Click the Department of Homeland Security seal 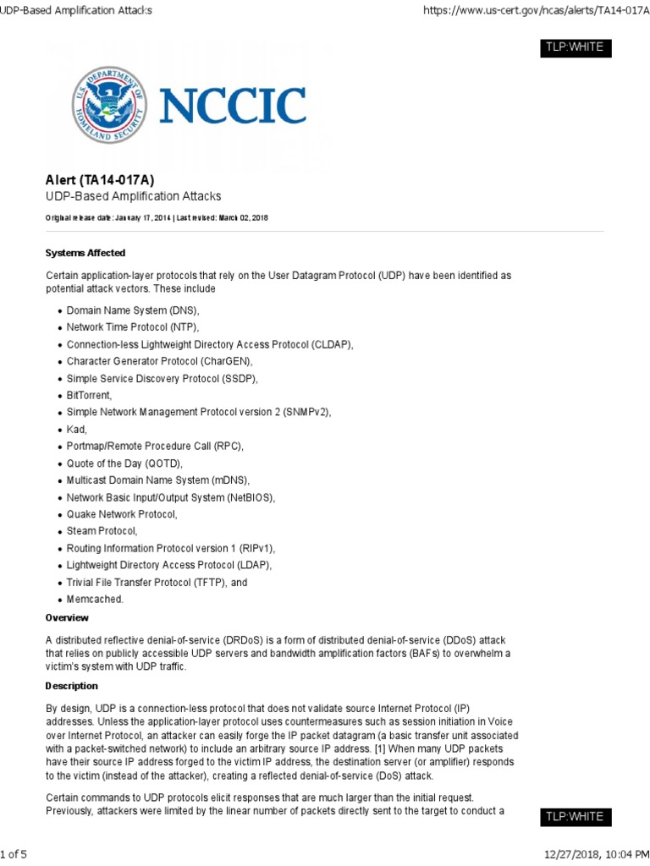[x=108, y=105]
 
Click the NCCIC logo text [x=233, y=106]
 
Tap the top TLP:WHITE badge [x=575, y=47]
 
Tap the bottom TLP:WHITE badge [x=575, y=817]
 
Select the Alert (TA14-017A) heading [x=99, y=179]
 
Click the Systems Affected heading [x=85, y=253]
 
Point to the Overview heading [x=67, y=618]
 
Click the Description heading [x=72, y=686]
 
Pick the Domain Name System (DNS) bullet [x=133, y=311]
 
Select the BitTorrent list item [x=89, y=395]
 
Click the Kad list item [x=76, y=430]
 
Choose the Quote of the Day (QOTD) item [x=124, y=463]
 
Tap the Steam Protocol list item [x=102, y=531]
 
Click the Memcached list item [x=95, y=599]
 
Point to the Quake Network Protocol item [x=122, y=514]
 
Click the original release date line [x=157, y=217]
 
